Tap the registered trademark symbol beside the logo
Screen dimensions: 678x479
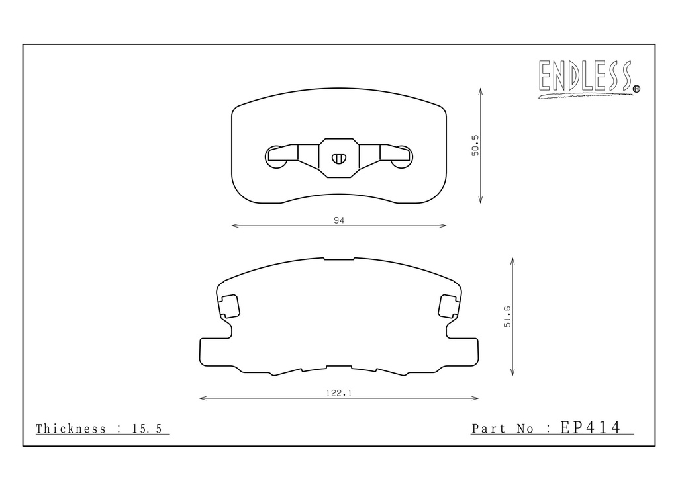coord(636,89)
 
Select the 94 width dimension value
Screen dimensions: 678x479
coord(339,220)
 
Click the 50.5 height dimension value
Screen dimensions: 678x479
coord(475,146)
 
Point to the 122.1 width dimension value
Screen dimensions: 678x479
coord(339,393)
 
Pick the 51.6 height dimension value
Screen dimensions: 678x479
coord(507,317)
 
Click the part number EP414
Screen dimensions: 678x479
coord(591,427)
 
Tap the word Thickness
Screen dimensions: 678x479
coord(70,429)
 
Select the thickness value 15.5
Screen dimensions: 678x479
coord(147,429)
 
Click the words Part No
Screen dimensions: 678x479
coord(503,429)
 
